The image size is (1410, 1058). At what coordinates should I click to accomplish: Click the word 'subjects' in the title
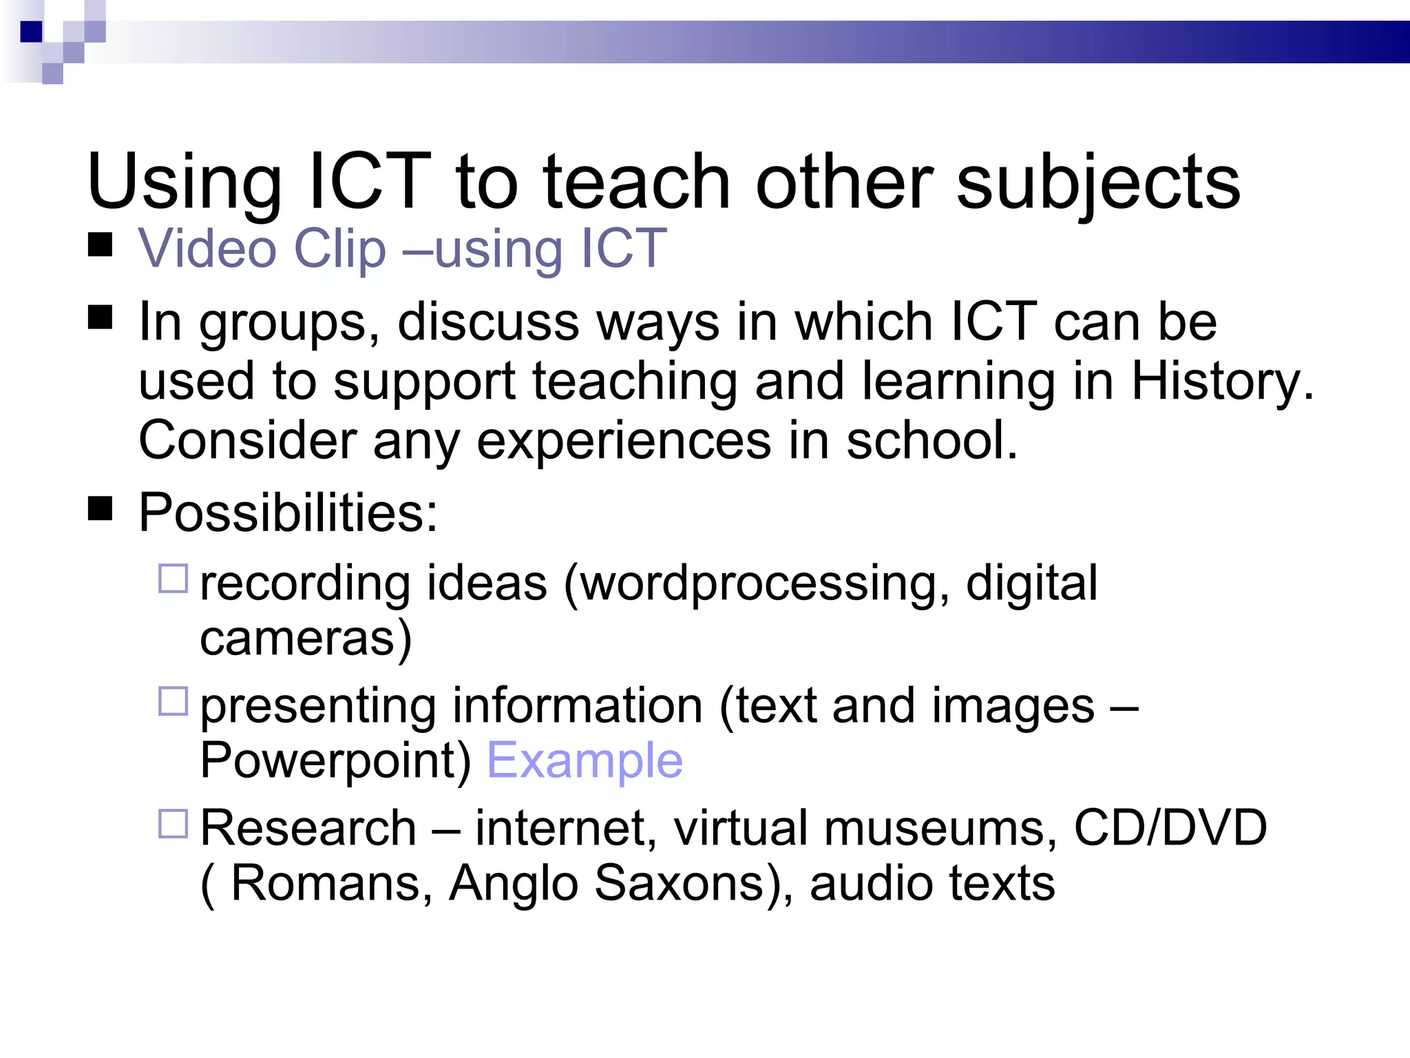(1098, 183)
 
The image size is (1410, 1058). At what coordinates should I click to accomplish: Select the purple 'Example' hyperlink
(585, 760)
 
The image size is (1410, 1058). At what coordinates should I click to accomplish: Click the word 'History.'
(1223, 381)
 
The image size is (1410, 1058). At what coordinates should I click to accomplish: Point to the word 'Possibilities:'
(288, 512)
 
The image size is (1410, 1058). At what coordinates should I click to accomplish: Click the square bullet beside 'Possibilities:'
(101, 509)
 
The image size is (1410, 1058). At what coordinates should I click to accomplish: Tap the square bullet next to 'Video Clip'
(101, 245)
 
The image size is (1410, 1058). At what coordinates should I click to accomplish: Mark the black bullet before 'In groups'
(101, 318)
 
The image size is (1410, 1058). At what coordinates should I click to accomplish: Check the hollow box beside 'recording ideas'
(173, 579)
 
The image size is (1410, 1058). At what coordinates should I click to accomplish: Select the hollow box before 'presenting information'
(173, 701)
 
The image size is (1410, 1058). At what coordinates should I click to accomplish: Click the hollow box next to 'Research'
(173, 823)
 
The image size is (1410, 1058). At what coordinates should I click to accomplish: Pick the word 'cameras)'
(306, 638)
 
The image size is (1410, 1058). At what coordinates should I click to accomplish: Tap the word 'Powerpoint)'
(335, 760)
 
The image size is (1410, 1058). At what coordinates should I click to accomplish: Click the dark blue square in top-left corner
(32, 32)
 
